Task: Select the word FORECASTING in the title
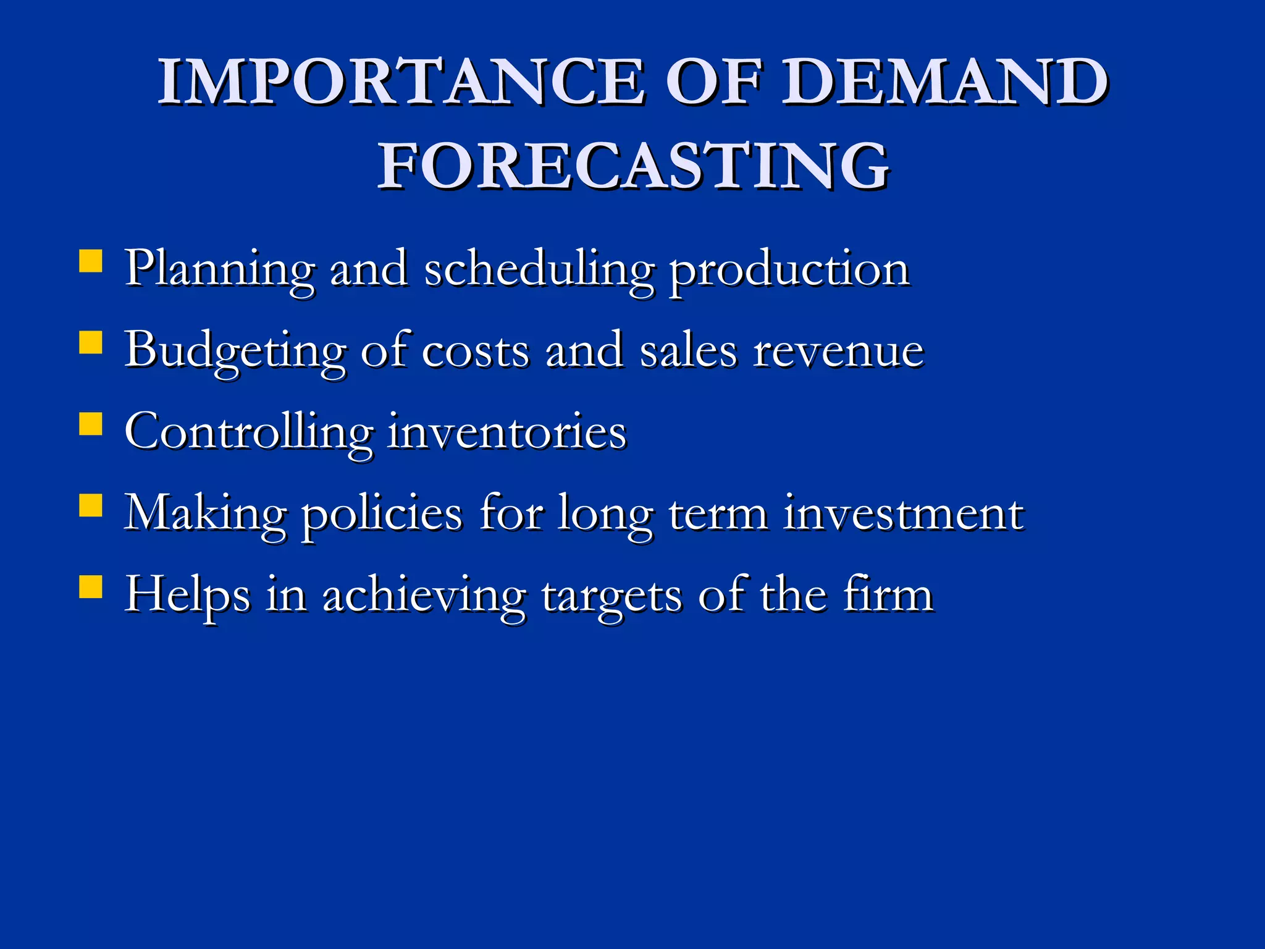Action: [x=633, y=166]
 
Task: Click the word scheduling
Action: [x=539, y=271]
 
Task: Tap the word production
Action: [x=789, y=271]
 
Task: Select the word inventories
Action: [x=506, y=432]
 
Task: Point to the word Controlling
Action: [x=248, y=432]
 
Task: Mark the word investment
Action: [x=903, y=514]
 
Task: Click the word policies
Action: [x=381, y=514]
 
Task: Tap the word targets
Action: [x=611, y=596]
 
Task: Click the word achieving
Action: [x=424, y=596]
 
